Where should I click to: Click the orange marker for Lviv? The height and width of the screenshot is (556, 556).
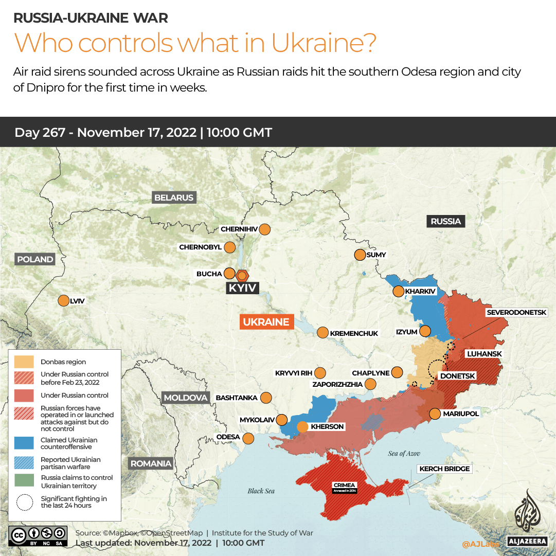coord(64,301)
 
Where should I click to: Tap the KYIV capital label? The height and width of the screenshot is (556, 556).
coord(242,288)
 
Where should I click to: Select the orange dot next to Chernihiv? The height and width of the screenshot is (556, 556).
coord(265,229)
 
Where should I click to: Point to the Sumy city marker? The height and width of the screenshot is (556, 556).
coord(360,255)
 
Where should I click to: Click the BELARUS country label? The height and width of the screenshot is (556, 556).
coord(174,198)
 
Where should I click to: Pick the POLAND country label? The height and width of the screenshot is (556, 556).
coord(35,259)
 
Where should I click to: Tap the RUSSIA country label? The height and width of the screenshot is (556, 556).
coord(445,221)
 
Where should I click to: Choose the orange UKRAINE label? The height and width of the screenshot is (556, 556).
coord(266,322)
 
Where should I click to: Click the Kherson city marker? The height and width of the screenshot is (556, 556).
coord(302,426)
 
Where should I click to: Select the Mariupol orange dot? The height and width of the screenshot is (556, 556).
coord(435,414)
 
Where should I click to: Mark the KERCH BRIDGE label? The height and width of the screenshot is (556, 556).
coord(444,469)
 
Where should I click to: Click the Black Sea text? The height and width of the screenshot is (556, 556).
coord(261,491)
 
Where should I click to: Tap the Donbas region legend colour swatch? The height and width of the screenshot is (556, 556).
coord(24,362)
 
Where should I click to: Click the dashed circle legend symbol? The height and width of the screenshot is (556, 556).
coord(24,502)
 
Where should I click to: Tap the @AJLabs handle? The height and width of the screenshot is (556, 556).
coord(480,544)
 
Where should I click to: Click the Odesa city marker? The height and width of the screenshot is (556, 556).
coord(248,439)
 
